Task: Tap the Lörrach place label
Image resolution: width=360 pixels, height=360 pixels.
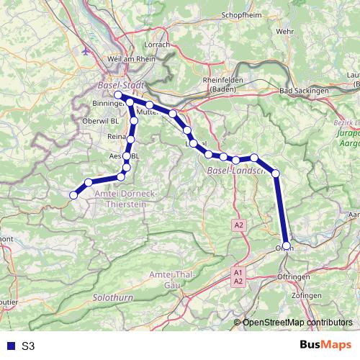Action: (x=156, y=45)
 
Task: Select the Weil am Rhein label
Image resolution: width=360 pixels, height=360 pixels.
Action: (x=126, y=58)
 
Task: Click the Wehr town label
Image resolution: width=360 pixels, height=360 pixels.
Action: (x=285, y=32)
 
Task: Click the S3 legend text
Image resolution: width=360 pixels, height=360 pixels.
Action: (x=28, y=346)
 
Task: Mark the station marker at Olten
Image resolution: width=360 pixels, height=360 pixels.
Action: (x=287, y=246)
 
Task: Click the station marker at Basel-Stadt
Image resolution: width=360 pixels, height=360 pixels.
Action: (x=117, y=95)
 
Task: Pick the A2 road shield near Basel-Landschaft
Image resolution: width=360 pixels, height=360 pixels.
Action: (x=238, y=226)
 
